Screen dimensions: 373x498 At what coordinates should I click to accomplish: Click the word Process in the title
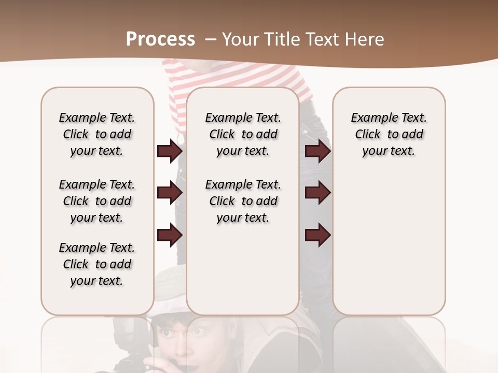click(160, 39)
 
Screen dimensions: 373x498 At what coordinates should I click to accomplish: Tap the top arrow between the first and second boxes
click(170, 151)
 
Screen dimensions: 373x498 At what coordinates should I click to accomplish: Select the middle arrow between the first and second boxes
click(170, 193)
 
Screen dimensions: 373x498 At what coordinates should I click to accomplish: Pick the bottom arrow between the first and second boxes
click(170, 235)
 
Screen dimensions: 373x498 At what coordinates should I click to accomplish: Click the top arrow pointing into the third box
click(317, 151)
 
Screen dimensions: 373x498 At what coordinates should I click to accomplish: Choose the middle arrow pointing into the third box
click(317, 193)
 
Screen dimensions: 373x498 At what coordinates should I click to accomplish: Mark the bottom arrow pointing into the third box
click(317, 235)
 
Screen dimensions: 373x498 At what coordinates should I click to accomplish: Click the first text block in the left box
click(97, 134)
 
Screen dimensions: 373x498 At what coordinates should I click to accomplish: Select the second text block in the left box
click(97, 201)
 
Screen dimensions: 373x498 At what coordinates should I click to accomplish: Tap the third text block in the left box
click(97, 264)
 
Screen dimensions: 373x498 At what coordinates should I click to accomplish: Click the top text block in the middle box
click(243, 134)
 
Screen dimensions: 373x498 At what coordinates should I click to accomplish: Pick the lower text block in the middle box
click(243, 201)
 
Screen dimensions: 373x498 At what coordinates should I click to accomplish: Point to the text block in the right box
click(389, 134)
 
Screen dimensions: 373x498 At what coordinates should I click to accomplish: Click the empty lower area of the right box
click(389, 249)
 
